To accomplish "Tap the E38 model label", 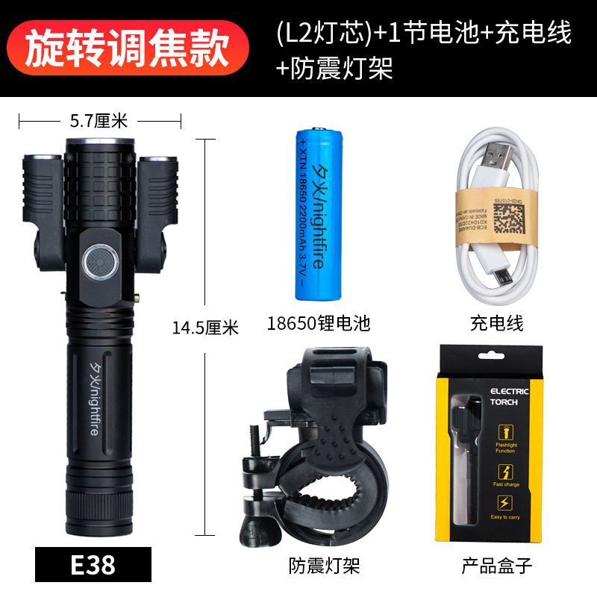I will pos(93,564).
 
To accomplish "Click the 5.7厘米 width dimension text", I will pos(99,119).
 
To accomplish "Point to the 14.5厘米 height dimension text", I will pos(204,327).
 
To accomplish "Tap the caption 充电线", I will pos(496,323).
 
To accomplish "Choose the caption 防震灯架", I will pos(324,566).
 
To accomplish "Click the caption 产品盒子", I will pos(496,566).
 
